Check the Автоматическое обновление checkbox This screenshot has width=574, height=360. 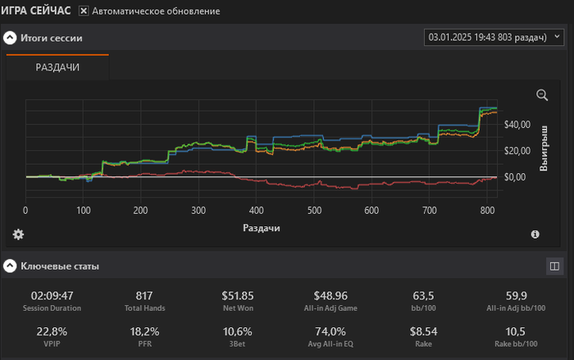pos(84,11)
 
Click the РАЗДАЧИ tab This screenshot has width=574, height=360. pos(57,67)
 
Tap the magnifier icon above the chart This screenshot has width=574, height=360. pos(542,95)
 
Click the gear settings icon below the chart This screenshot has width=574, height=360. pos(18,235)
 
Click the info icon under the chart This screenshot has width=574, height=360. pos(535,235)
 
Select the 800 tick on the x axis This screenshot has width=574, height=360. pos(487,211)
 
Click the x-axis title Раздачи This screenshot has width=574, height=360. pos(262,227)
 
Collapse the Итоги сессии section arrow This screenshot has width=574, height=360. pos(10,38)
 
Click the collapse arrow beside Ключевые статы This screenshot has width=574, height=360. pos(10,266)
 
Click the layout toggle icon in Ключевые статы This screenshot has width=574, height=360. pos(554,266)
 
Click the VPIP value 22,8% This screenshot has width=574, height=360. pos(52,331)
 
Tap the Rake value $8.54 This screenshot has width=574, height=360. pos(424,331)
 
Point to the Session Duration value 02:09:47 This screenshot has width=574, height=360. pos(52,295)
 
